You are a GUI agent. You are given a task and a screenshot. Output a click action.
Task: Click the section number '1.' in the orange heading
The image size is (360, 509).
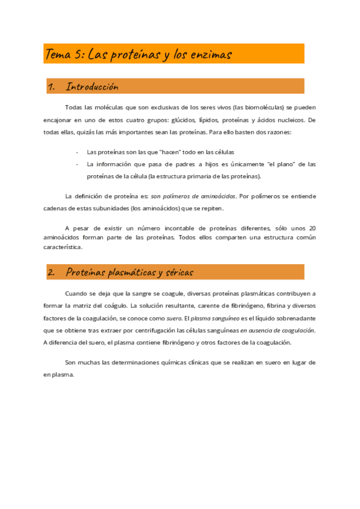[51, 87]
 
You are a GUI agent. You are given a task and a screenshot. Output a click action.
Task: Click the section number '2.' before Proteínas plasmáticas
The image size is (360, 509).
[51, 273]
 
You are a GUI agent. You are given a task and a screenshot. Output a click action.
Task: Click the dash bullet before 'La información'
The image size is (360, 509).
[77, 164]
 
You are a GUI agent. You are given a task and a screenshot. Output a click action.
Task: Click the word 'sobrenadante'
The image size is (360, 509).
[291, 318]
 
